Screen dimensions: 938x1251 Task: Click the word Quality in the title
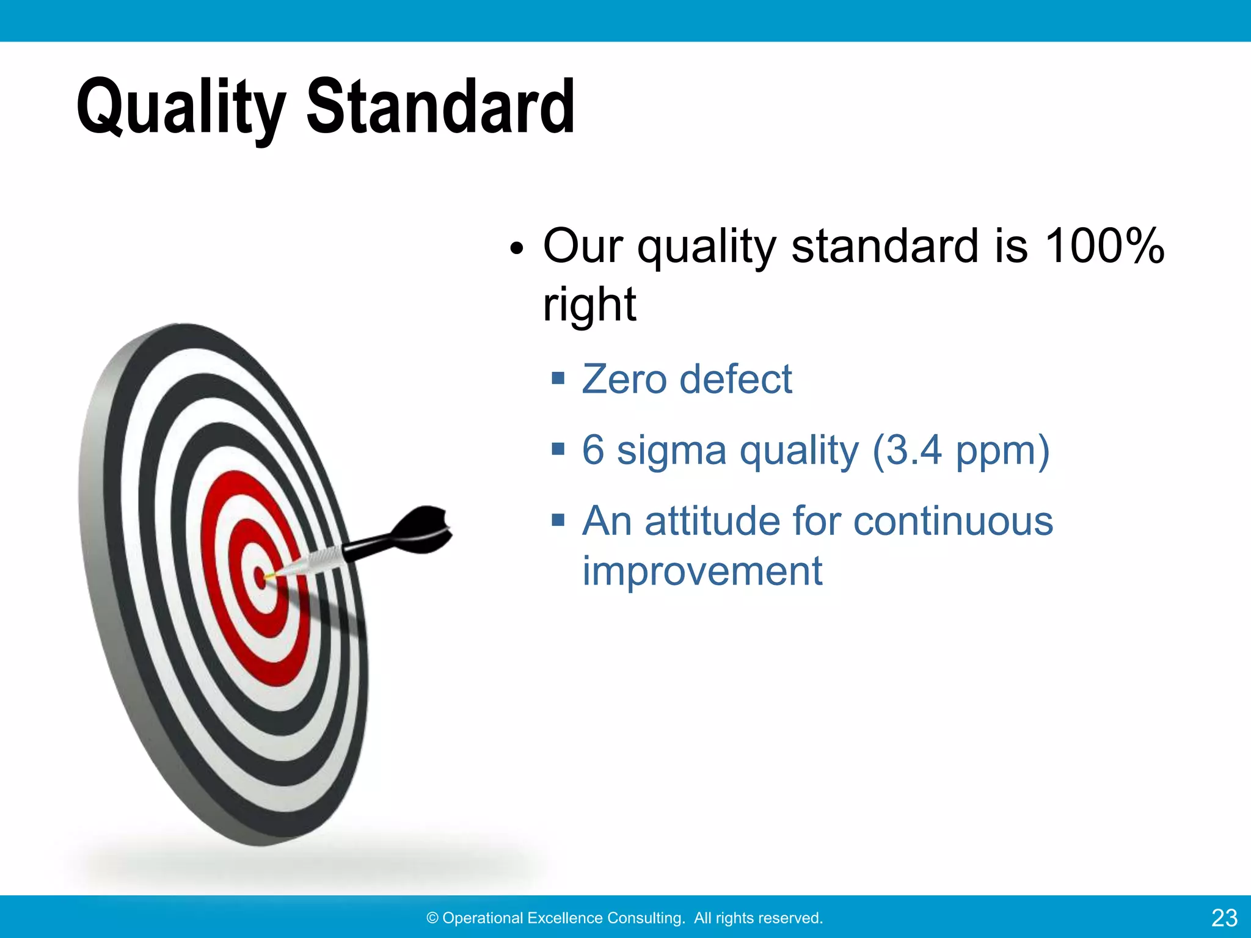coord(181,109)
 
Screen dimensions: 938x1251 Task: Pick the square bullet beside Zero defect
coord(557,379)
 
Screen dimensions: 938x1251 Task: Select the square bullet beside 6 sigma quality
coord(557,450)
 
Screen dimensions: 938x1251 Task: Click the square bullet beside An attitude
coord(557,521)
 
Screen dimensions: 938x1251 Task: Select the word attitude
coord(712,522)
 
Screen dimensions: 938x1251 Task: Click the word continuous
coord(952,522)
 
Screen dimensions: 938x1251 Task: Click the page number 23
coord(1224,918)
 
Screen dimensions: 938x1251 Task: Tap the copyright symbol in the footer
coord(432,918)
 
